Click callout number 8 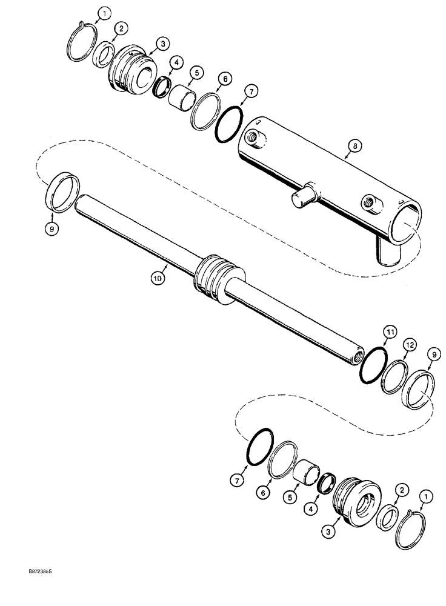[x=351, y=146]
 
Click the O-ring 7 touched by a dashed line [x=257, y=445]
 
